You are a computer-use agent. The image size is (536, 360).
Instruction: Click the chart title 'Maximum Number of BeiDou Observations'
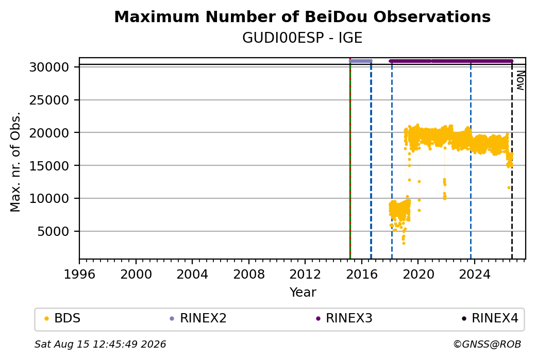[302, 16]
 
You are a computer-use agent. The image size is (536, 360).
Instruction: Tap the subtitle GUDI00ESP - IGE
[302, 38]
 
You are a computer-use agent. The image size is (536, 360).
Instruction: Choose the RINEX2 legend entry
[198, 318]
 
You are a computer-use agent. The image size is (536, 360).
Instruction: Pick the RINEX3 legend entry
[344, 318]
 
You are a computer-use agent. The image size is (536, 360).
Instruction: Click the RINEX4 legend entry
[490, 318]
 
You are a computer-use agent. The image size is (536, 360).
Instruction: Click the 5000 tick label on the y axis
[53, 232]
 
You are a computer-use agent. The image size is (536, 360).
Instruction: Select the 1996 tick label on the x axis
[79, 275]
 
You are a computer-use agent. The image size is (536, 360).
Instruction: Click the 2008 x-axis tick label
[249, 275]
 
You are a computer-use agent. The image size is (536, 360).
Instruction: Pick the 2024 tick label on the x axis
[475, 275]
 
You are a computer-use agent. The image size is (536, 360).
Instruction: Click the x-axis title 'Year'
[303, 293]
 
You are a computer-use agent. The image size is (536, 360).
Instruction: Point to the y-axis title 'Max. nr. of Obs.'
[15, 162]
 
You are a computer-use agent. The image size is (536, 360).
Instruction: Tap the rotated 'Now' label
[520, 81]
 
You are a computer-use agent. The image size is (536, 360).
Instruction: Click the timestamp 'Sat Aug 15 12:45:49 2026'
[100, 344]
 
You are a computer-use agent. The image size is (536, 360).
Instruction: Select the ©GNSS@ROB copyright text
[487, 344]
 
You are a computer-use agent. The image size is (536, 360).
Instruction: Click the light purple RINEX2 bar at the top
[361, 61]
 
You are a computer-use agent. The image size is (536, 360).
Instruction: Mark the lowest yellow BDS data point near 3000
[404, 243]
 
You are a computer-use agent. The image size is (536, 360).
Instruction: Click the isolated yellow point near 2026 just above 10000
[509, 187]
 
